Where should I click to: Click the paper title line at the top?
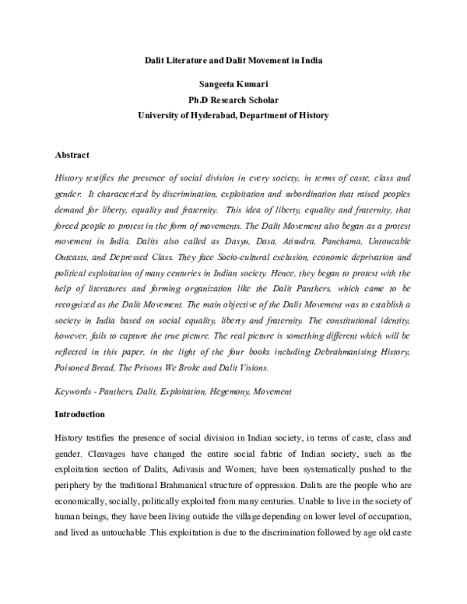point(233,60)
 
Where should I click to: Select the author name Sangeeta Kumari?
point(233,83)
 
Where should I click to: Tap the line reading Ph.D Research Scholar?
point(233,99)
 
